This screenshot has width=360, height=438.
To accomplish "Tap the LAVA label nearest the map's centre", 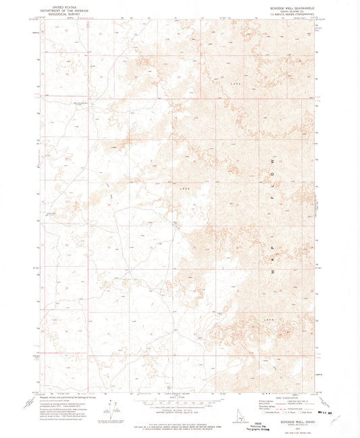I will (184, 184).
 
